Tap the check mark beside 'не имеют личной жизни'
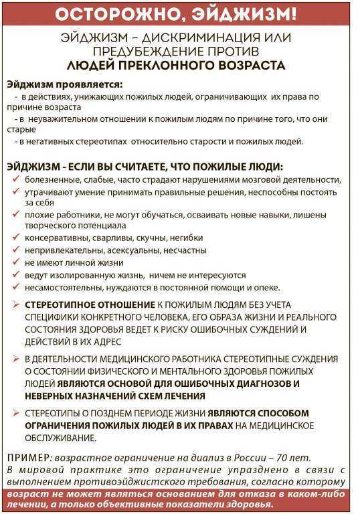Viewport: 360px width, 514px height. (x=16, y=263)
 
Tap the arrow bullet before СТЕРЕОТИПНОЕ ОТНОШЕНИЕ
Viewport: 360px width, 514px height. (x=17, y=305)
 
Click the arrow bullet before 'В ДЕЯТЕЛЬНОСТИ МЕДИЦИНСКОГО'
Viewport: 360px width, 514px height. (x=17, y=359)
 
